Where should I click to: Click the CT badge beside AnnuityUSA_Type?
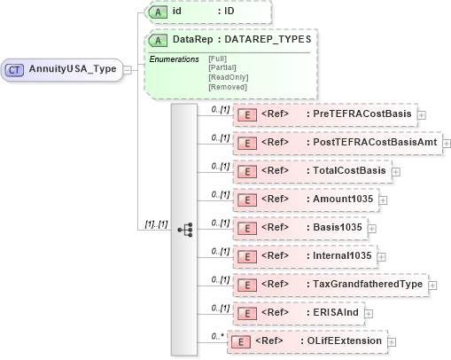15,69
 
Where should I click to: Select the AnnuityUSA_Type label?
73,69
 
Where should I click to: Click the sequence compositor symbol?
185,229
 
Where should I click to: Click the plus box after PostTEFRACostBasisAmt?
446,143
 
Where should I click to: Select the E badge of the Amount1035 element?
250,200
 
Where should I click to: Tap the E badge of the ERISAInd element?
250,313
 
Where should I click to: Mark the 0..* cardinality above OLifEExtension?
214,336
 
